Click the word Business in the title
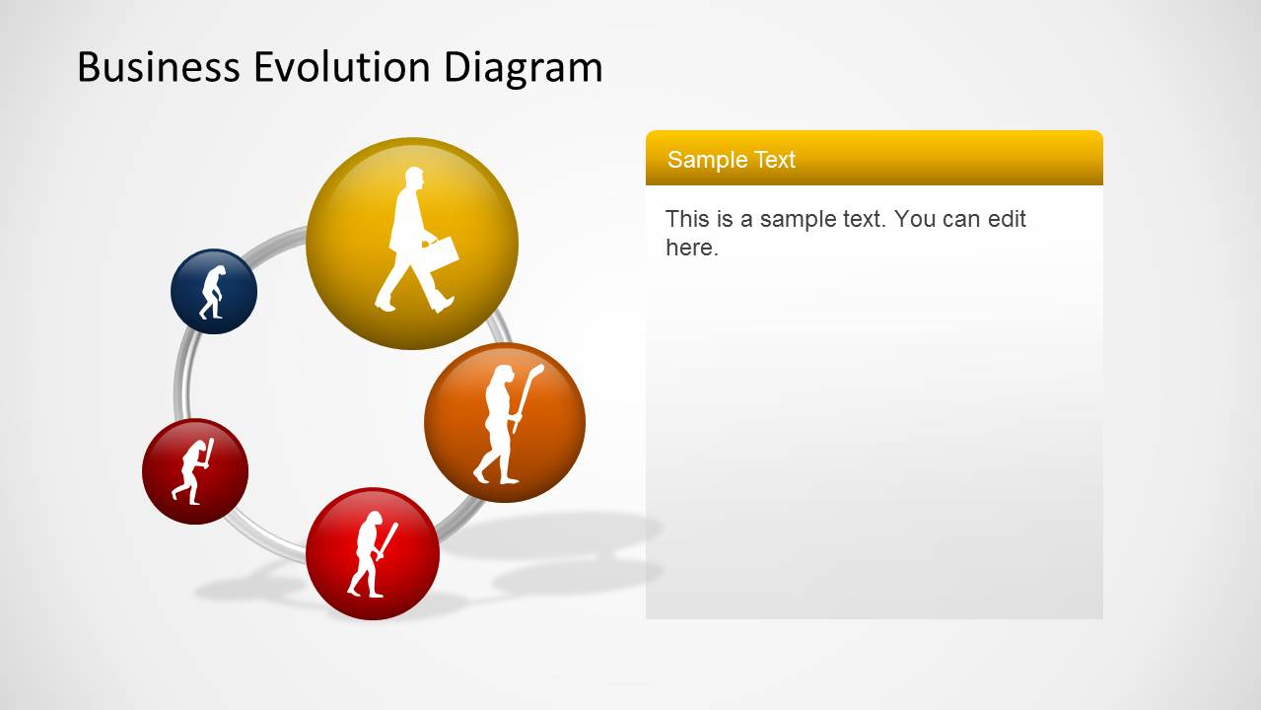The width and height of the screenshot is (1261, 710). coord(158,67)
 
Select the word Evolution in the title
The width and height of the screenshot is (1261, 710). coord(341,67)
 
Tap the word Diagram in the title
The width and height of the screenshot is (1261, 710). coord(523,67)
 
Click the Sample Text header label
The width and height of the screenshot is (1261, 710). coord(731,160)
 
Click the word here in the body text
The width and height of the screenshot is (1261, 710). coord(689,248)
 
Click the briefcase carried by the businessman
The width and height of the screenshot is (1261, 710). coord(442,251)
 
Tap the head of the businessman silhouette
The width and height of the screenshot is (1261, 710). coord(413,179)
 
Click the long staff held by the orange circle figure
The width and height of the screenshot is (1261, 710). coord(526,394)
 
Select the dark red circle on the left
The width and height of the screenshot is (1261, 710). coord(168,483)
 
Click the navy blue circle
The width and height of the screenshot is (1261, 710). coord(237,276)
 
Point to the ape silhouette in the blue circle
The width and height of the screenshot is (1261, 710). coord(212,292)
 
